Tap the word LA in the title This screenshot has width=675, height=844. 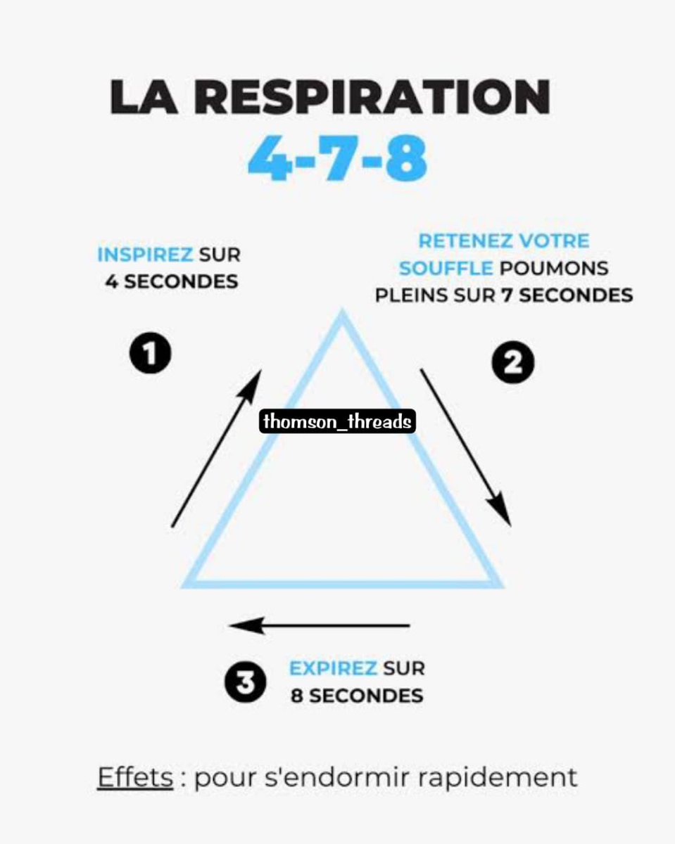pos(141,99)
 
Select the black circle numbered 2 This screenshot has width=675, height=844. pos(512,363)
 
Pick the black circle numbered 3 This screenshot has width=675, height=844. pos(246,683)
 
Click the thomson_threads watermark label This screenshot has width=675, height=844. pos(337,422)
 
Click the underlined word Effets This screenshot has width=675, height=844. pos(135,778)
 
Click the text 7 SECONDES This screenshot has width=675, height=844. pos(567,295)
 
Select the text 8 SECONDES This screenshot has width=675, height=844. pos(357,696)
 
